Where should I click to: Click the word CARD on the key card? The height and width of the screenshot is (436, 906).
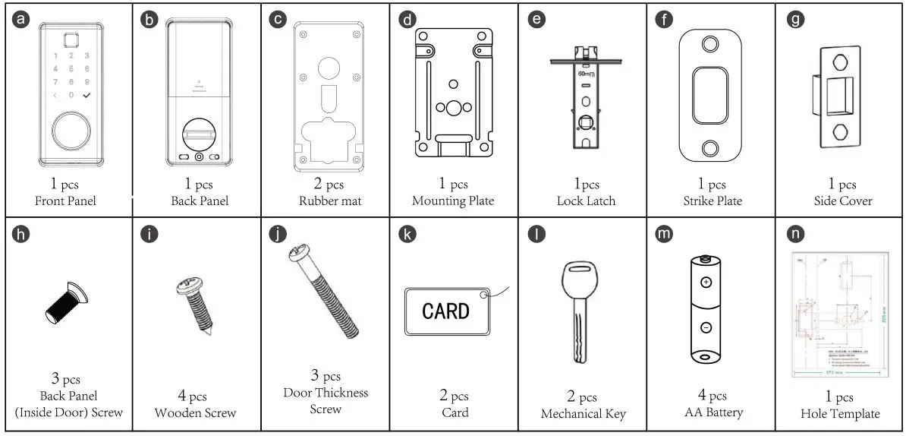[x=445, y=311]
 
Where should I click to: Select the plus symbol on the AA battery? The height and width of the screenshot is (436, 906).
[x=706, y=282]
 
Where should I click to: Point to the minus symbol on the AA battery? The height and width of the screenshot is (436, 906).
[x=706, y=328]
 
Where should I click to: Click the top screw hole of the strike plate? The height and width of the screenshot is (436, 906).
[x=711, y=44]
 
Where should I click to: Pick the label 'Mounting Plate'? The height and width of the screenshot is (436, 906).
[x=453, y=201]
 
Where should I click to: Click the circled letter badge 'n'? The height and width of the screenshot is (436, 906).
[x=794, y=234]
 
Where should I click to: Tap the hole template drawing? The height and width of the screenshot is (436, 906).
[x=839, y=313]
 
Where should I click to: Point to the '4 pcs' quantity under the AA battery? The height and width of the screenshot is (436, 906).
[x=711, y=396]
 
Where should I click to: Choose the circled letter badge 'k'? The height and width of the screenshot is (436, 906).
[x=407, y=234]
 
